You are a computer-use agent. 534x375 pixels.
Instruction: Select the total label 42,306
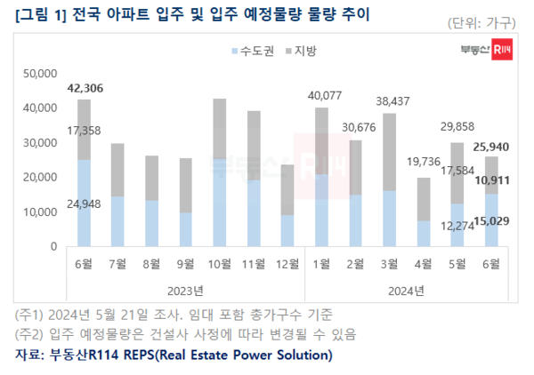pos(85,88)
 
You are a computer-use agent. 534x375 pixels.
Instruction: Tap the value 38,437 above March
pos(389,101)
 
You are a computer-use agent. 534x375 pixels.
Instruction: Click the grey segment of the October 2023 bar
pos(220,129)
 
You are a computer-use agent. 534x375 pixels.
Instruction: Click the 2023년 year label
pos(185,290)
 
